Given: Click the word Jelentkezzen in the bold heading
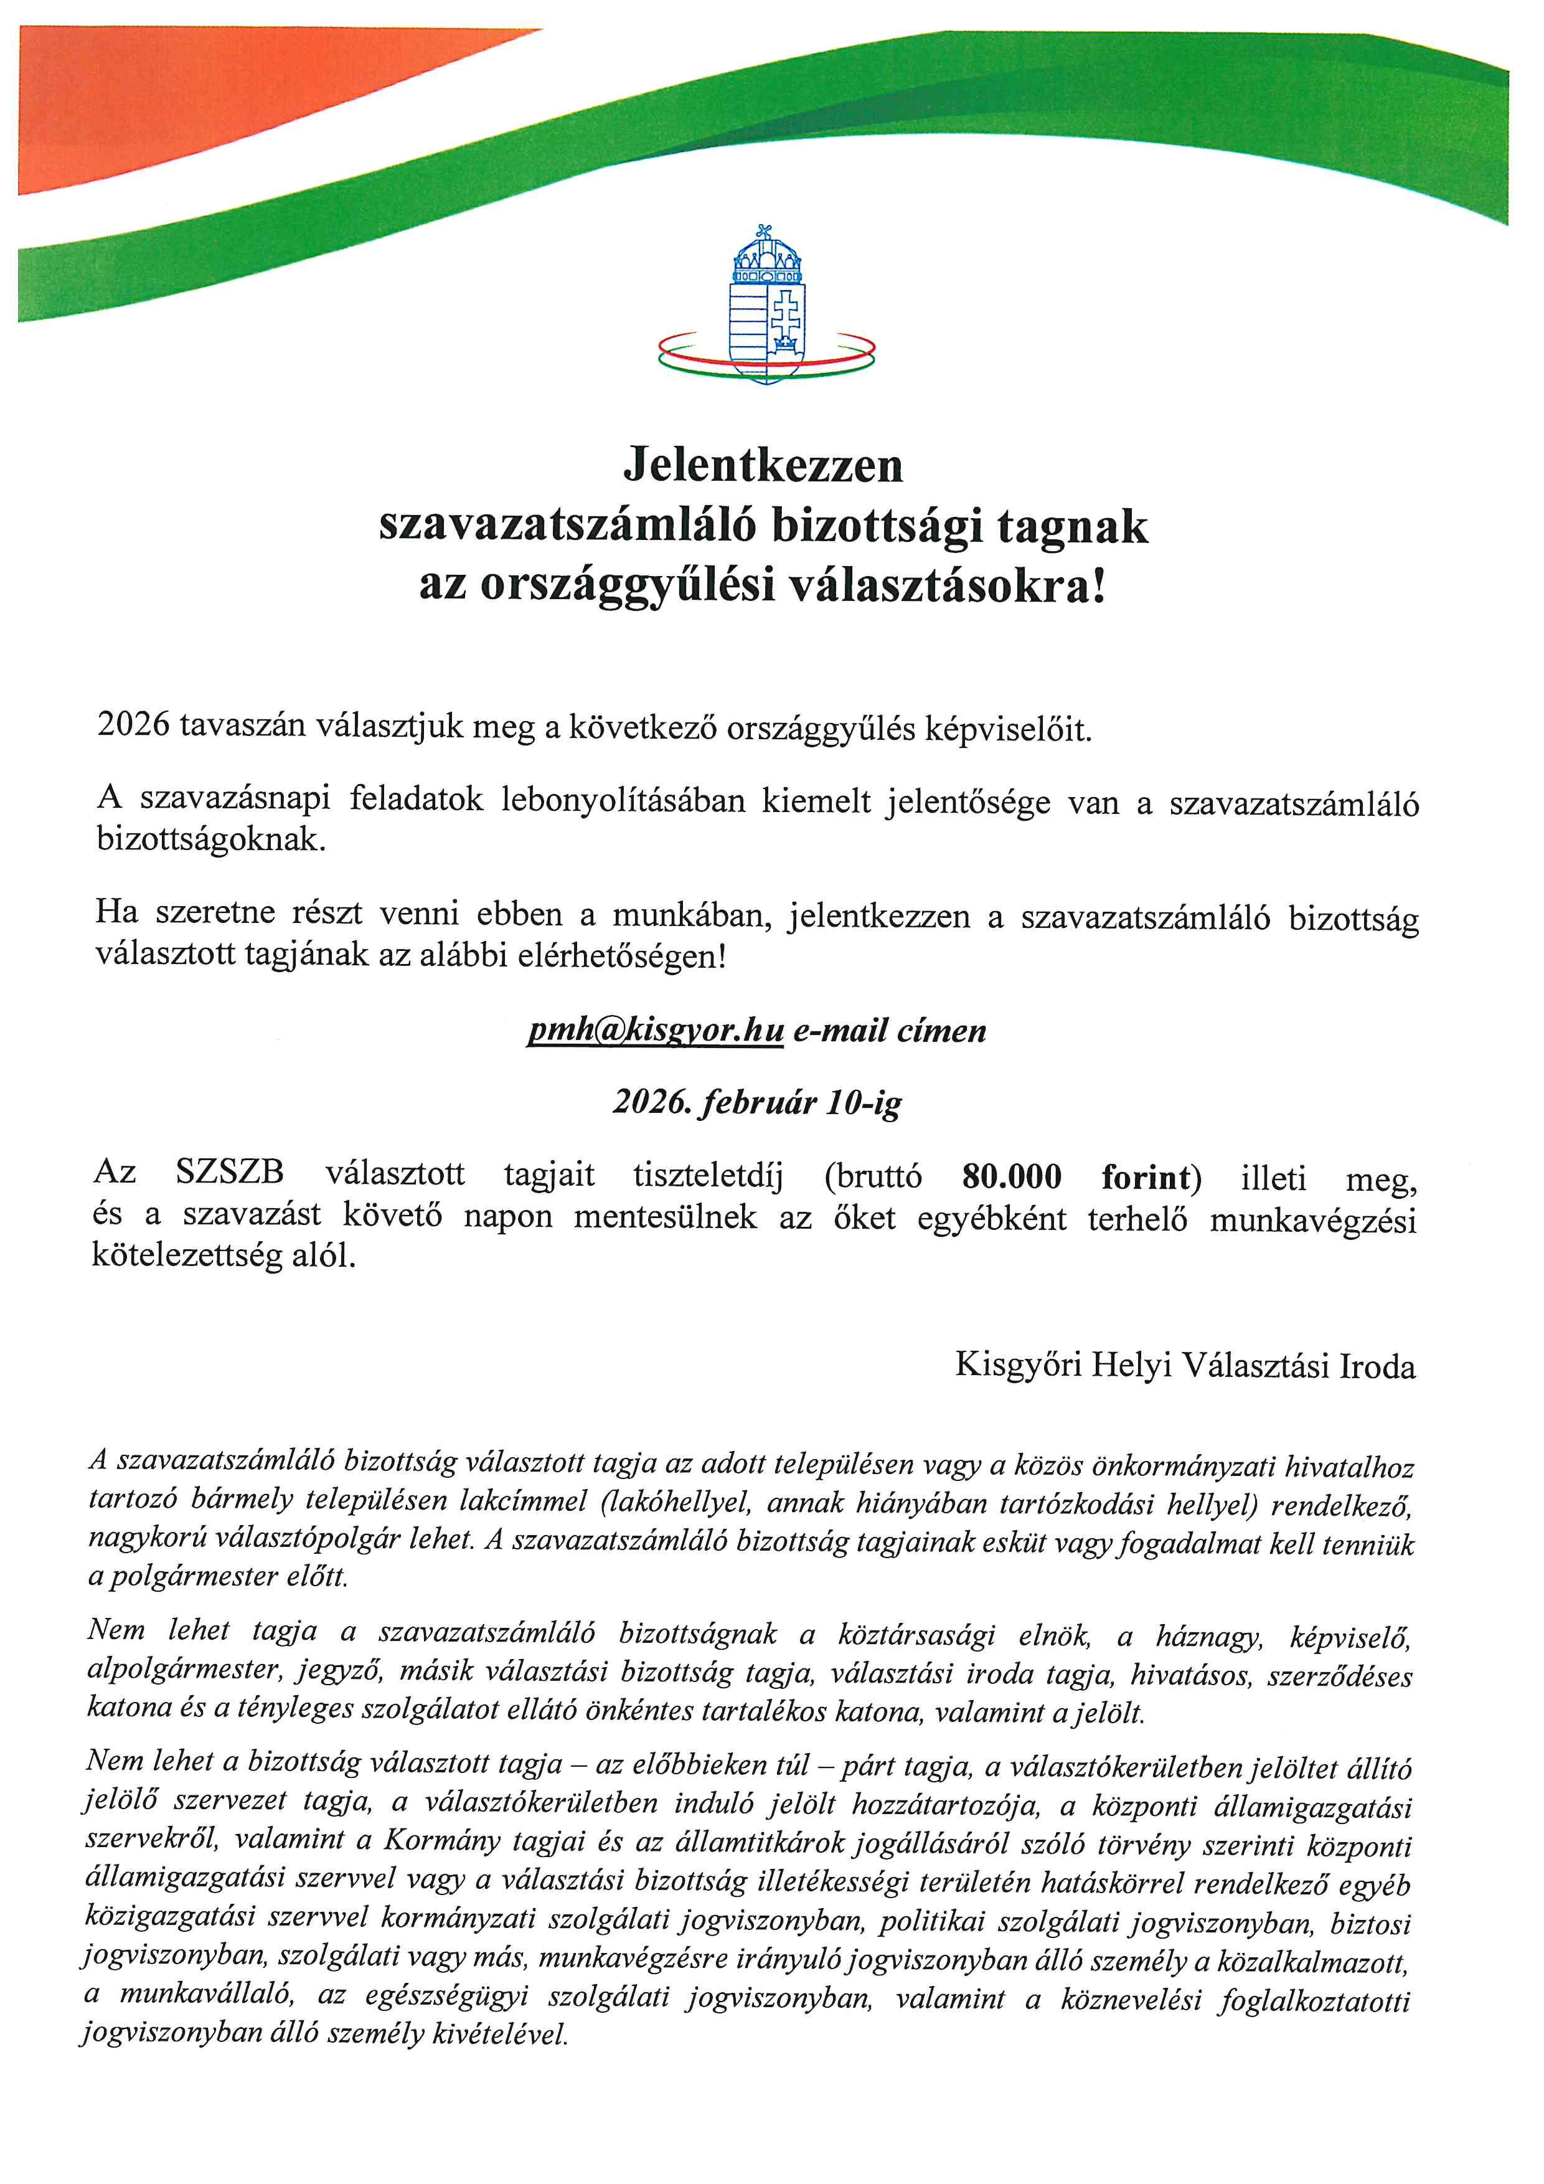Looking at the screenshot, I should pyautogui.click(x=763, y=465).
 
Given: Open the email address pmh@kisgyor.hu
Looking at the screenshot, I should pyautogui.click(x=655, y=1030).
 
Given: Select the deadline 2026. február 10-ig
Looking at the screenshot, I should pyautogui.click(x=757, y=1102).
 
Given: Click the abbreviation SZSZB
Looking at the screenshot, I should pyautogui.click(x=230, y=1172).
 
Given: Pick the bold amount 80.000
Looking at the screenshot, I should pyautogui.click(x=1012, y=1176).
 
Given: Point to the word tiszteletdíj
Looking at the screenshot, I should pyautogui.click(x=708, y=1175).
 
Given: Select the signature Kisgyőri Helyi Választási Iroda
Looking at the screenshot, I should pyautogui.click(x=1185, y=1366).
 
